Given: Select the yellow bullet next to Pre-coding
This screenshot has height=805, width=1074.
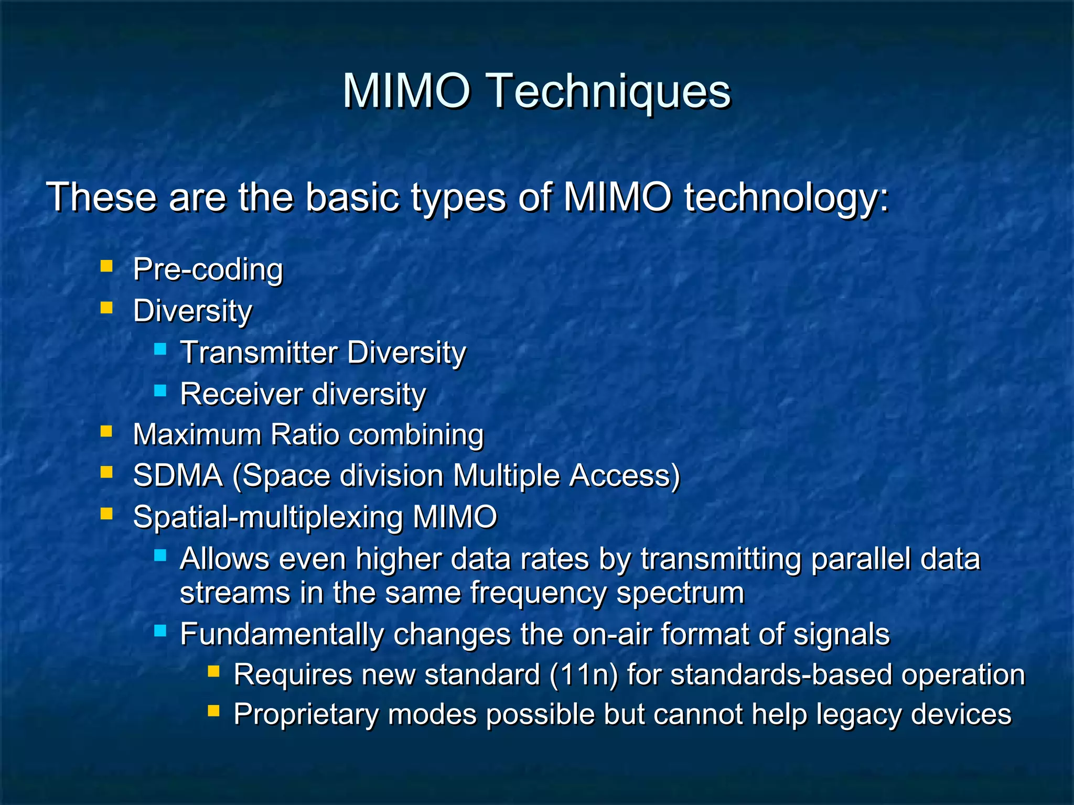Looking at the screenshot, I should [x=106, y=266].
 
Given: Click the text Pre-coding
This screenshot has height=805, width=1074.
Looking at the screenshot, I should [x=208, y=269].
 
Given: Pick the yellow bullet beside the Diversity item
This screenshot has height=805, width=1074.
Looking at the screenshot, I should [x=106, y=308].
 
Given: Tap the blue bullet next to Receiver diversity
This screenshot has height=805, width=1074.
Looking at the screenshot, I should [x=160, y=390].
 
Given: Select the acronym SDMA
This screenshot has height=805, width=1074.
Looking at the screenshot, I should [x=178, y=476].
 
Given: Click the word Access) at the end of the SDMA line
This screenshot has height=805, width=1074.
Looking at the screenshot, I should [x=625, y=476].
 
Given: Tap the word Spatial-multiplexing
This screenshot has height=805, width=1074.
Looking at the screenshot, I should [x=267, y=518].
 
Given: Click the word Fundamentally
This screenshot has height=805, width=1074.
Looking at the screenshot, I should [x=282, y=634].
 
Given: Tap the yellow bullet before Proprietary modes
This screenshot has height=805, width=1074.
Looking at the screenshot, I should [x=213, y=711].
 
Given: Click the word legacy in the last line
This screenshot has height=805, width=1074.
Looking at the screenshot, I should [x=858, y=715].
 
